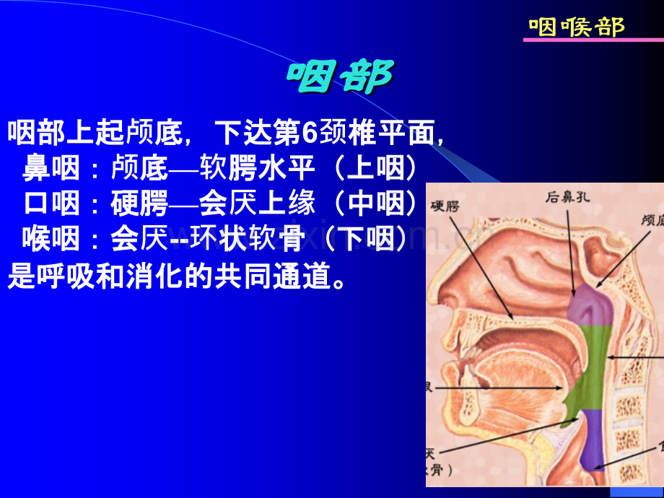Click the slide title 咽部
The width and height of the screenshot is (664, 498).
coord(341,77)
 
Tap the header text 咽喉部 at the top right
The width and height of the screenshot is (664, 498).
coord(576,27)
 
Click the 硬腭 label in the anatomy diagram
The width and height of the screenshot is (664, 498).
coord(445,206)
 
